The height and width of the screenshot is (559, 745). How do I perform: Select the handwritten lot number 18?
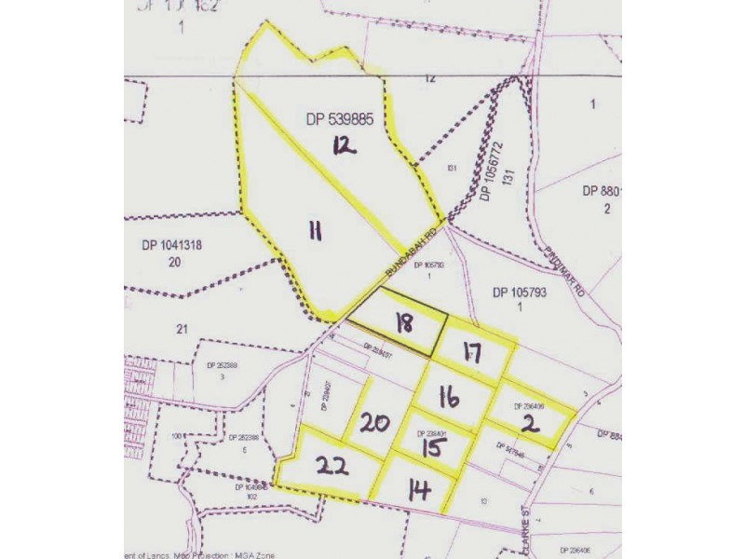(x=403, y=324)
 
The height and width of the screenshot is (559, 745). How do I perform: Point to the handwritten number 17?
(x=471, y=355)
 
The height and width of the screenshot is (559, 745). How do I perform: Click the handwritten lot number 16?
(x=450, y=398)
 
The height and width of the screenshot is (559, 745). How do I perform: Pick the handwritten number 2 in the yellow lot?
(x=530, y=424)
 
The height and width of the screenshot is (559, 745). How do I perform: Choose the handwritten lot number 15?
(x=427, y=447)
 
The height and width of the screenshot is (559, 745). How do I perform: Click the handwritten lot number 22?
(x=332, y=465)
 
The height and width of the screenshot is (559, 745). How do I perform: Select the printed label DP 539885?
(x=339, y=120)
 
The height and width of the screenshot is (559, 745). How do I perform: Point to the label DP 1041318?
(x=172, y=246)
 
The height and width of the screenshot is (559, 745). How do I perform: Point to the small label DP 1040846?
(x=251, y=486)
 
